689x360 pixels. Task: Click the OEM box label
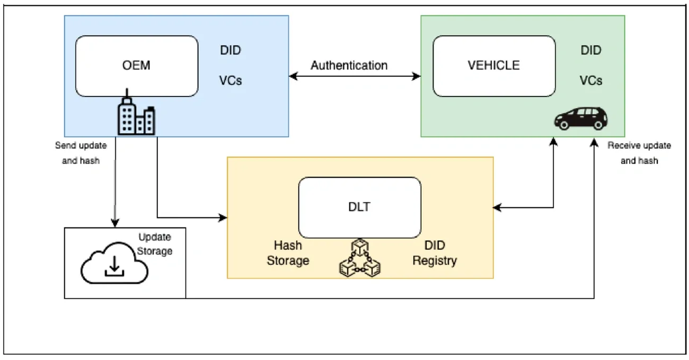tap(136, 65)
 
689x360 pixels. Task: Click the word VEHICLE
tap(493, 65)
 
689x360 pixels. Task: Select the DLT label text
tap(359, 207)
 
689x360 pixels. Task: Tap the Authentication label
tap(349, 65)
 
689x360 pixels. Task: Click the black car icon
tap(581, 118)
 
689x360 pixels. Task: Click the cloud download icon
tap(114, 263)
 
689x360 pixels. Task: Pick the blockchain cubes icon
tap(359, 258)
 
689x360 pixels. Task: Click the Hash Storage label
tap(288, 253)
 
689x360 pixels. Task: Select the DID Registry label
tap(435, 253)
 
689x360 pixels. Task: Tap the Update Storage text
tap(154, 244)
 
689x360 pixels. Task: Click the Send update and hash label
tap(81, 153)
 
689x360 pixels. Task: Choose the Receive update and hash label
tap(639, 153)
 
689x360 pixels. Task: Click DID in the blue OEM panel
tap(231, 50)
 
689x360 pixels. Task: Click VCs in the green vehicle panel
tap(591, 81)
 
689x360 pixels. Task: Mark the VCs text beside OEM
tap(231, 81)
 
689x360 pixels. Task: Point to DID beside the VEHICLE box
tap(591, 50)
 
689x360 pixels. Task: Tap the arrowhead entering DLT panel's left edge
tap(223, 217)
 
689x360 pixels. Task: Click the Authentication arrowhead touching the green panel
tap(416, 76)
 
